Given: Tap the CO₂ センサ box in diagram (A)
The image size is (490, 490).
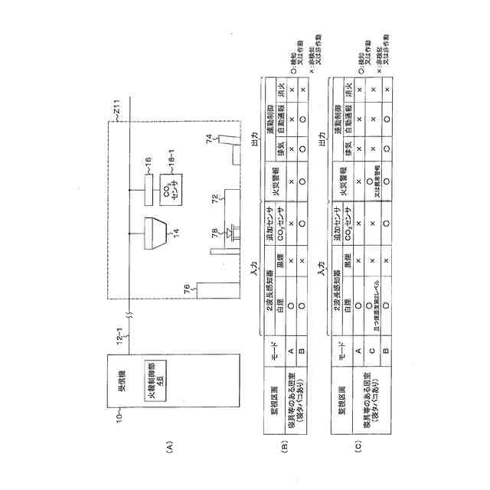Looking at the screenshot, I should (172, 195).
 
